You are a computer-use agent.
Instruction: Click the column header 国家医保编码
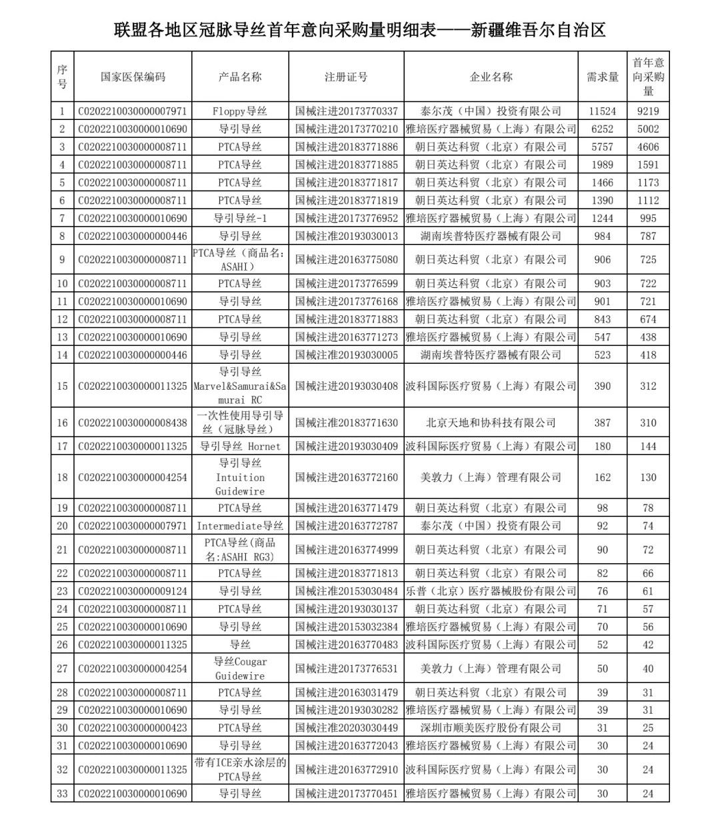click(133, 77)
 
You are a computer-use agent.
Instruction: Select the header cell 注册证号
click(346, 77)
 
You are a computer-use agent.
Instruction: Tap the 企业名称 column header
click(491, 77)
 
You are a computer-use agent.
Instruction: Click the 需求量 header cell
click(602, 77)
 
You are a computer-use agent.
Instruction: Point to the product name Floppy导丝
click(240, 111)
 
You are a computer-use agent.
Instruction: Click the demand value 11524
click(602, 111)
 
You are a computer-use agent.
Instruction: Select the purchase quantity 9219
click(648, 111)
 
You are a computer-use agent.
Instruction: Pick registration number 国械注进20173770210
click(346, 129)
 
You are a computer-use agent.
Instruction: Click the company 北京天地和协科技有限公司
click(491, 422)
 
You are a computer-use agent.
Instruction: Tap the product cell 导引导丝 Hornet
click(240, 446)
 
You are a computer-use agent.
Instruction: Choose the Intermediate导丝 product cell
click(240, 526)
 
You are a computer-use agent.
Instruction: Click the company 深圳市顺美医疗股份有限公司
click(491, 728)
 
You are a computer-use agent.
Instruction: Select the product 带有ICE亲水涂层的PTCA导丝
click(240, 770)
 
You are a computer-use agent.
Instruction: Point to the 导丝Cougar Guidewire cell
click(240, 668)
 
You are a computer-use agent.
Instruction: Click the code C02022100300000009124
click(133, 591)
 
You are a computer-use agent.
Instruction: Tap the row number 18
click(62, 477)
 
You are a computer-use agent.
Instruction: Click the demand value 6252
click(602, 129)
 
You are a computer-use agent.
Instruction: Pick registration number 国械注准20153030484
click(346, 591)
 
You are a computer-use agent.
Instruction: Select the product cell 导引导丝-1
click(240, 218)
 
